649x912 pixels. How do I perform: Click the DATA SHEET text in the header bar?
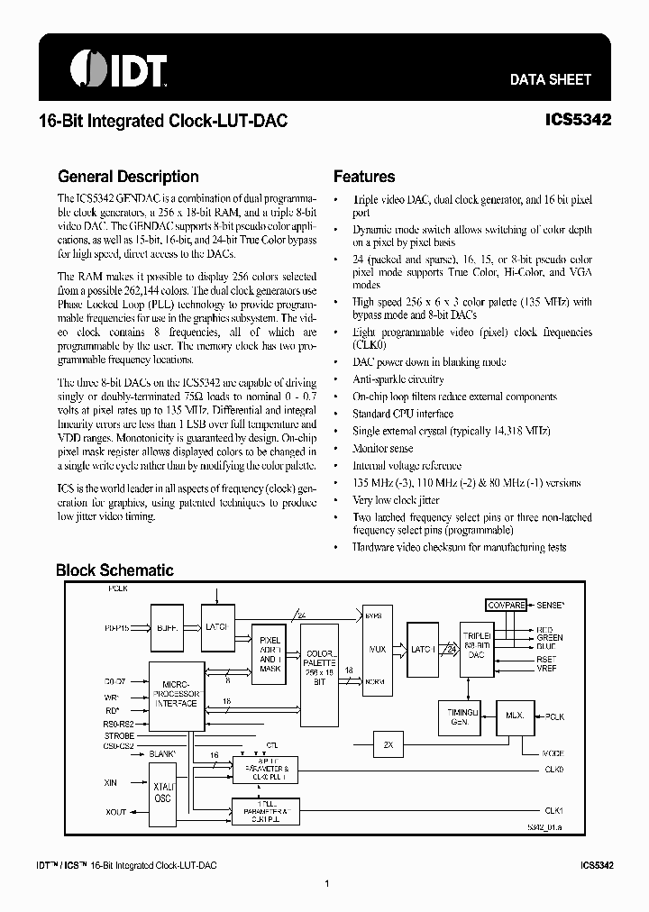click(550, 79)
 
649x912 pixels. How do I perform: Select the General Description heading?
click(128, 177)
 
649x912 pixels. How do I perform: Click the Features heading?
click(364, 177)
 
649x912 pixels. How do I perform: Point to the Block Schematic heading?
click(114, 570)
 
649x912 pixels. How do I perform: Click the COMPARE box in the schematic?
click(506, 606)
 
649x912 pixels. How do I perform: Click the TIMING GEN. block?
click(457, 716)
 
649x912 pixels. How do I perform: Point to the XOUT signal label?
click(116, 812)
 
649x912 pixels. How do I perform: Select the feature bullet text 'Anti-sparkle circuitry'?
click(398, 379)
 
